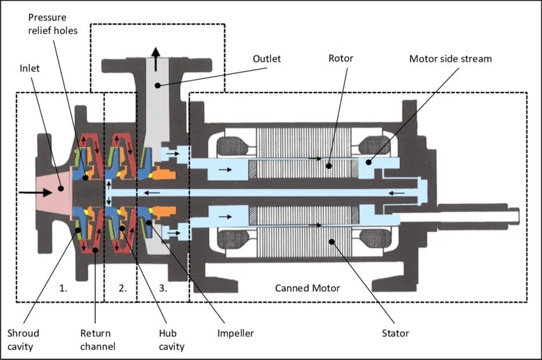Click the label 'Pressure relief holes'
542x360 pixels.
(x=52, y=24)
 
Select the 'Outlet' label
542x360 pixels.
(x=267, y=59)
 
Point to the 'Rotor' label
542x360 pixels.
(x=341, y=59)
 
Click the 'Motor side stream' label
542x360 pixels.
(x=450, y=59)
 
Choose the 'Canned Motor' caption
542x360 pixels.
(x=307, y=288)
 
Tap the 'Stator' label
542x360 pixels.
(x=396, y=333)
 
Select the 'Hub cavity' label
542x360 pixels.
(x=172, y=340)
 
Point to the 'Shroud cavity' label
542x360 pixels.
(x=24, y=340)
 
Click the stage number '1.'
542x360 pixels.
(x=62, y=288)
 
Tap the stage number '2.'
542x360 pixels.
(x=122, y=288)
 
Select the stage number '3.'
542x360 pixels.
(x=163, y=288)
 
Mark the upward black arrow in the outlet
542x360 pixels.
(x=156, y=54)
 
